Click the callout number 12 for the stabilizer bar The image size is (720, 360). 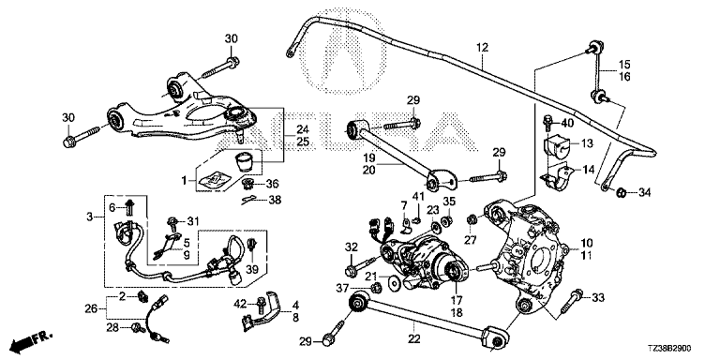click(482, 47)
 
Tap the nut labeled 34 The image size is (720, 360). click(620, 192)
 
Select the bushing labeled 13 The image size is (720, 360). click(556, 146)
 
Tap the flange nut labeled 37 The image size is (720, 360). click(376, 288)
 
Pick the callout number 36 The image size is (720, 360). click(272, 184)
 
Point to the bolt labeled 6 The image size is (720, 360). click(128, 208)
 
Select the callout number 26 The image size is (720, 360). click(91, 308)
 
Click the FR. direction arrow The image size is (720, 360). click(31, 339)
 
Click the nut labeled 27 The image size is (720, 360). click(471, 219)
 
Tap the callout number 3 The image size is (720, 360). click(90, 216)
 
